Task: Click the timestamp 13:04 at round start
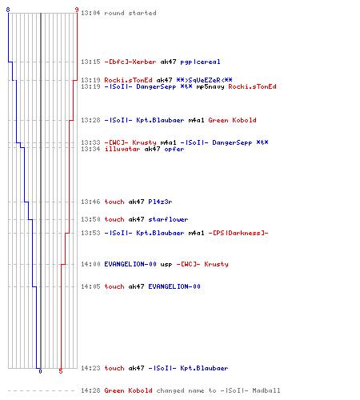(90, 13)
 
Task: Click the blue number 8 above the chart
(8, 10)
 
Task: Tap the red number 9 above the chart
(77, 10)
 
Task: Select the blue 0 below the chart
(40, 371)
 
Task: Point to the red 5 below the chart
(61, 371)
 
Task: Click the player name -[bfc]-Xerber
(130, 62)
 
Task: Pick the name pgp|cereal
(200, 62)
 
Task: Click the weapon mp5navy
(210, 87)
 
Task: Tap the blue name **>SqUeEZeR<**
(204, 80)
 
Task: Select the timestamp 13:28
(90, 120)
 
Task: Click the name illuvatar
(122, 149)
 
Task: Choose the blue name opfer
(174, 150)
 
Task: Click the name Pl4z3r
(160, 202)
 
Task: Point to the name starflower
(168, 219)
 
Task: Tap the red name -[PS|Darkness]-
(238, 233)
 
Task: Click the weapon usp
(166, 265)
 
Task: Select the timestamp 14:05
(90, 286)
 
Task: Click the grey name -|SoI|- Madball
(250, 390)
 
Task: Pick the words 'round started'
(130, 13)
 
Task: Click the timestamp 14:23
(90, 368)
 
